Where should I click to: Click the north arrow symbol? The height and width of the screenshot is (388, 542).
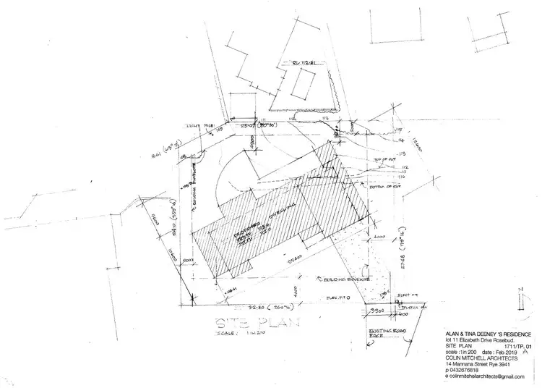(x=521, y=298)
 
